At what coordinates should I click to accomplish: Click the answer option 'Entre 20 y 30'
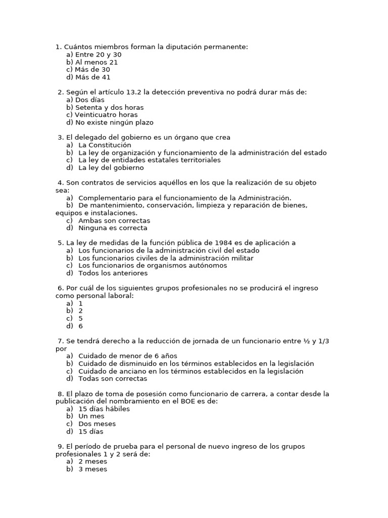click(98, 55)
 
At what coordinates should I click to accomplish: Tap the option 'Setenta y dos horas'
click(109, 107)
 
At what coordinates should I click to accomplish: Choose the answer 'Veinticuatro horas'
click(106, 115)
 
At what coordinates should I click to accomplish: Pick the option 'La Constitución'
click(105, 145)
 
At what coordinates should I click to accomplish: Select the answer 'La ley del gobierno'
click(111, 167)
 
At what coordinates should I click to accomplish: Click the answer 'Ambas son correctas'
click(114, 221)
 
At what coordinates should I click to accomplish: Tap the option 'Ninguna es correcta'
click(113, 228)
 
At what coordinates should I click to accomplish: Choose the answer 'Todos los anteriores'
click(113, 273)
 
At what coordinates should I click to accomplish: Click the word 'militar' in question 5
click(241, 258)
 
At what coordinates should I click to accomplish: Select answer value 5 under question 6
click(81, 319)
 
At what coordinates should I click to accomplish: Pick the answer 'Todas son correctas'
click(113, 378)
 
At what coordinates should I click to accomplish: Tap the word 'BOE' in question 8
click(182, 401)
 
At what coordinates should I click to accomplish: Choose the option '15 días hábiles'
click(104, 409)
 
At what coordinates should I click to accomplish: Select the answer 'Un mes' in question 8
click(91, 416)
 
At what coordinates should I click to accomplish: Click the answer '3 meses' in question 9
click(93, 469)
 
